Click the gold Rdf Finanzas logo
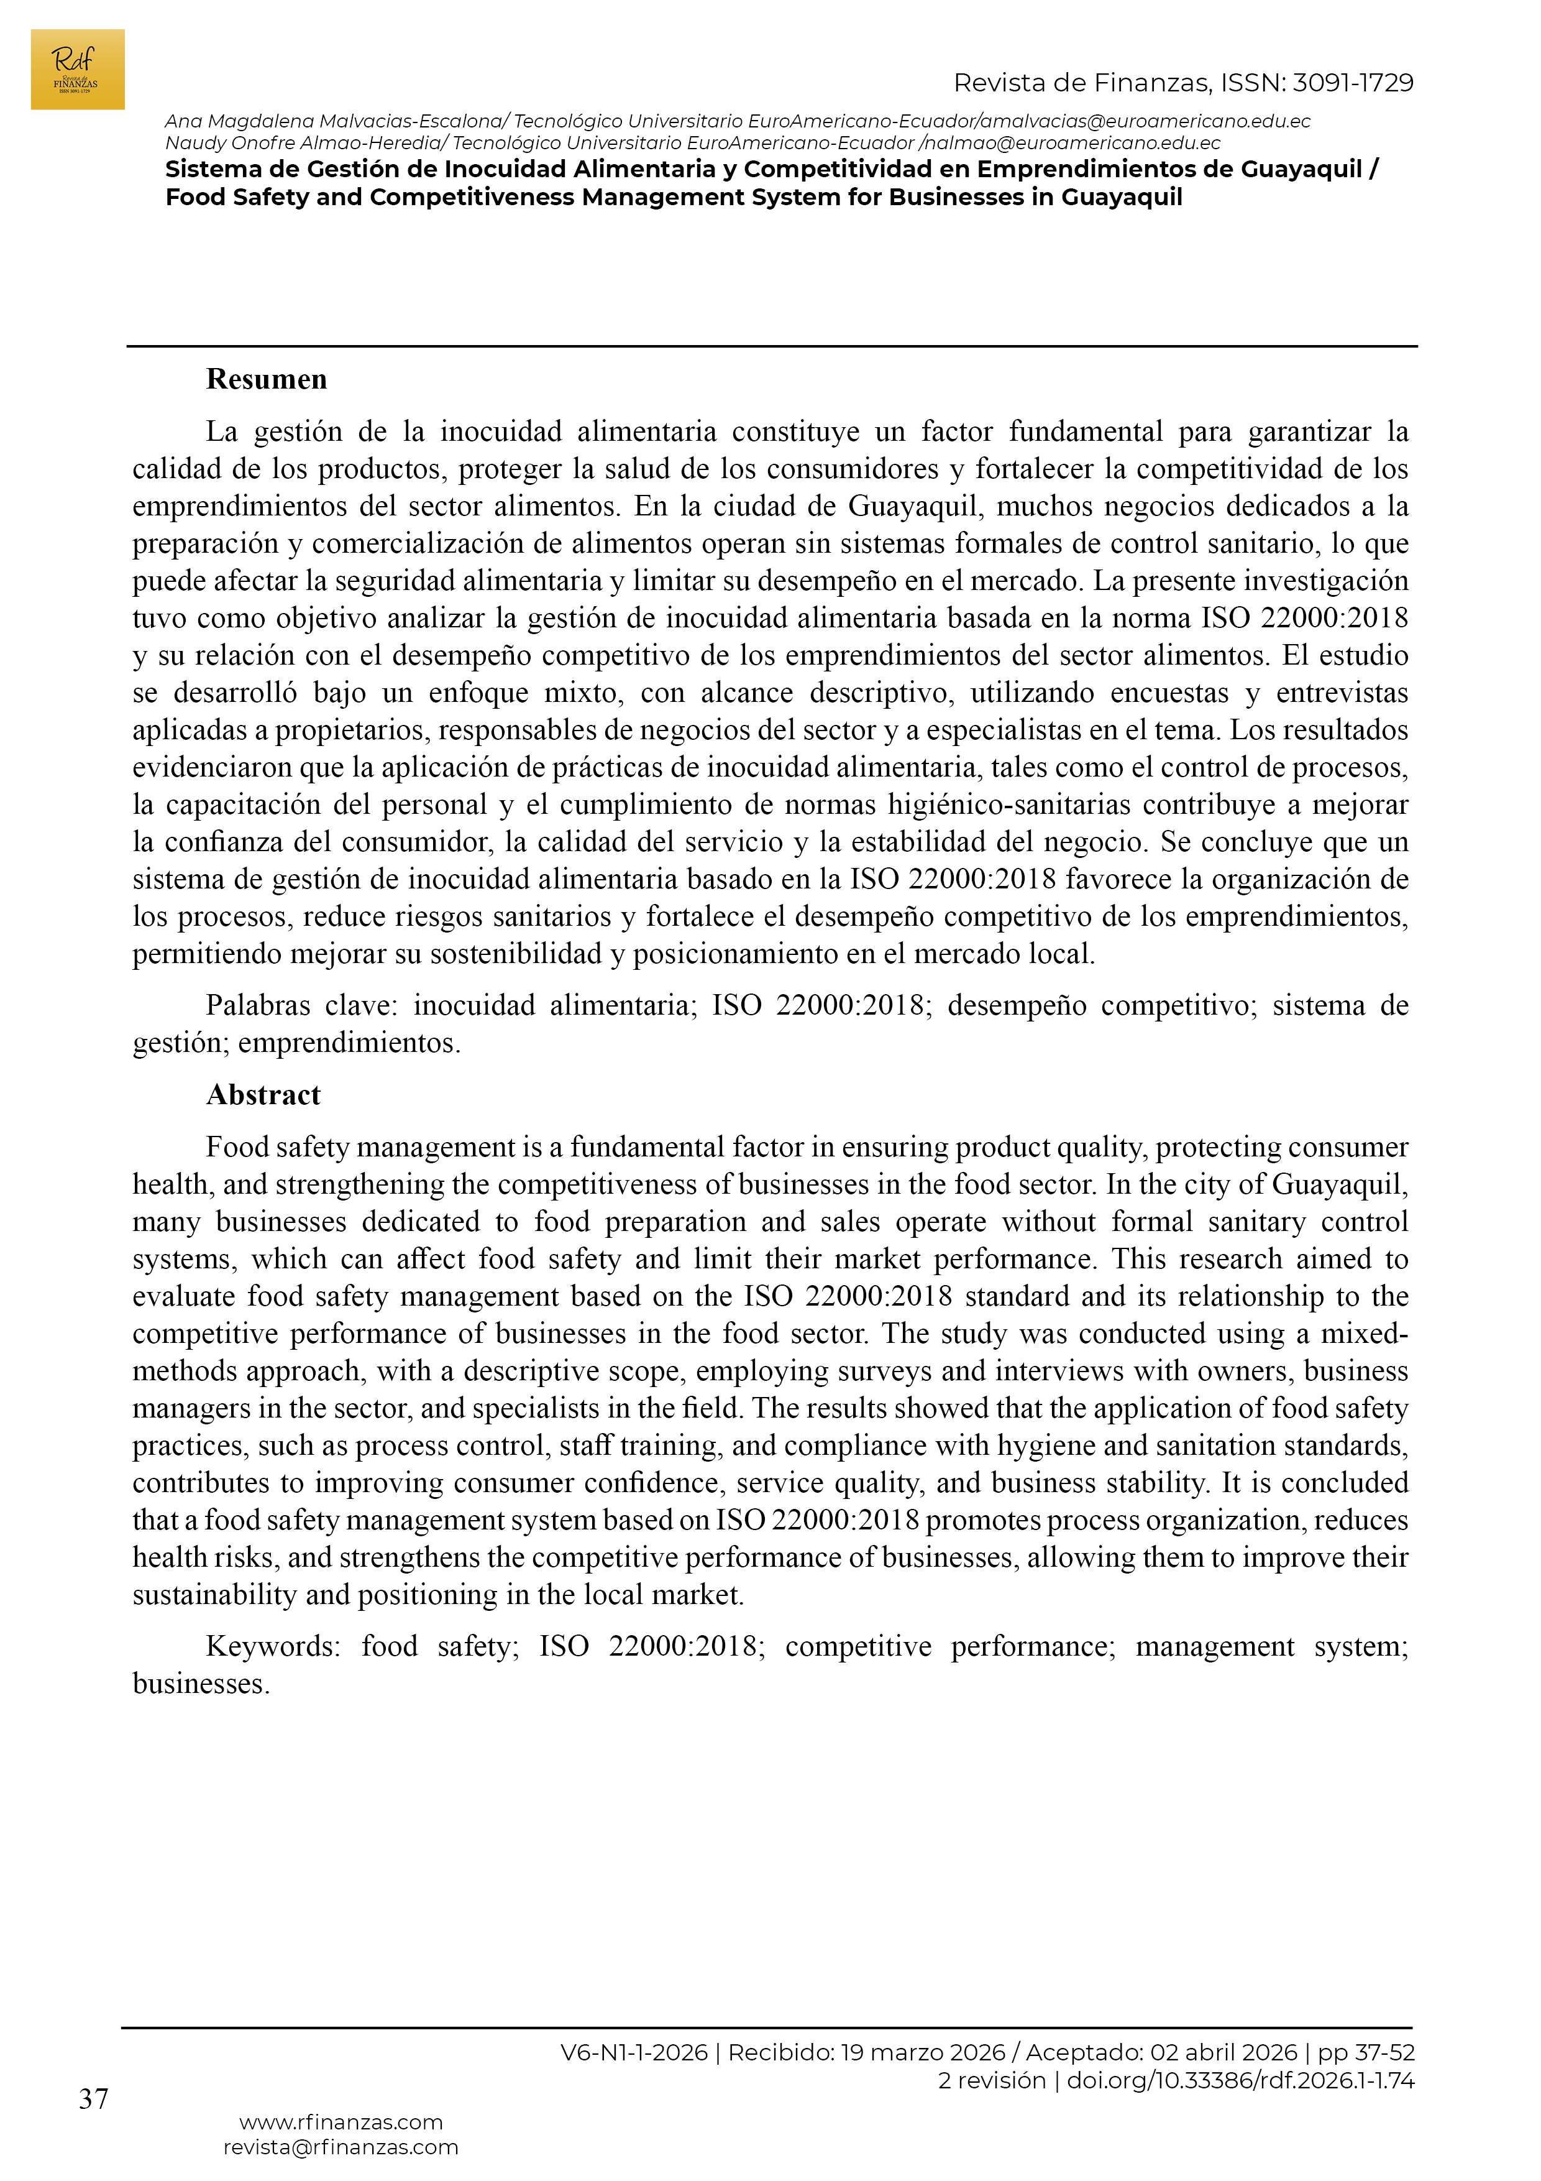pos(77,70)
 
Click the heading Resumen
pos(266,379)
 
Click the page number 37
pos(93,2098)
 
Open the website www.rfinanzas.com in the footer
pos(341,2122)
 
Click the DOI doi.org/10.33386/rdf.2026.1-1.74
pos(1240,2080)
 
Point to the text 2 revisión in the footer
pos(991,2080)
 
